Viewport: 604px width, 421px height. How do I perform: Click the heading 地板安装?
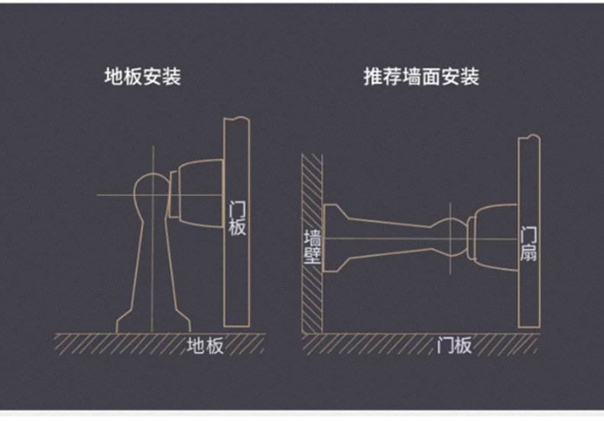142,77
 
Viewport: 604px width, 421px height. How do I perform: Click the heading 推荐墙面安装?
421,77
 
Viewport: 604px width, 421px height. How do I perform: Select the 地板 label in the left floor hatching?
205,346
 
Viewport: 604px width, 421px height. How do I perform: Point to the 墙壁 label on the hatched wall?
312,245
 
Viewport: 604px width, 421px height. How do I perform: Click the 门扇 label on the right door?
528,243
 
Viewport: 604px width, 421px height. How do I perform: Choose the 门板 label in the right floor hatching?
454,346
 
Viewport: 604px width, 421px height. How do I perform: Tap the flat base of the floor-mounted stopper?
151,325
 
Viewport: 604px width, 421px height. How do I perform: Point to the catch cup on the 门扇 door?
493,239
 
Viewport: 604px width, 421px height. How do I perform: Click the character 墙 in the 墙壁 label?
312,235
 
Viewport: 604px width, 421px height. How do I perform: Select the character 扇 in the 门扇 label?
528,253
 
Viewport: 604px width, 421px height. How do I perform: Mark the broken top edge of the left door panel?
236,120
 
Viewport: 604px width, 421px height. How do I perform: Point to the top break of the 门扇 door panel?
529,138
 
